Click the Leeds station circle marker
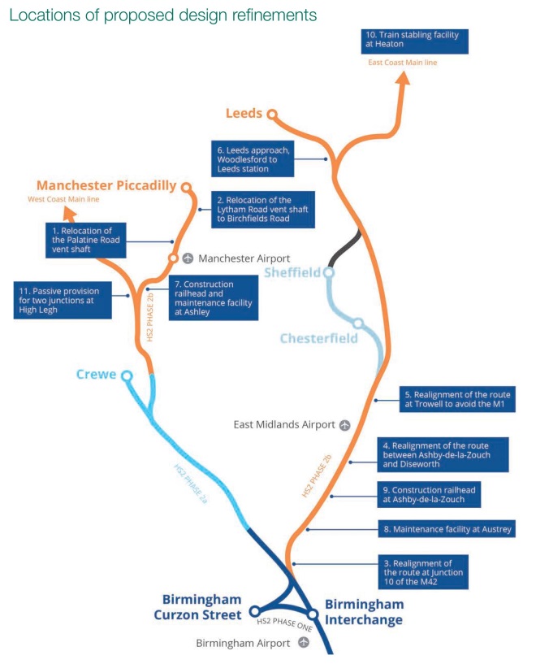tap(273, 115)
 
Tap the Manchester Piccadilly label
tap(106, 185)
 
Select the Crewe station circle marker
tap(127, 375)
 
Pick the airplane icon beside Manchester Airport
tap(188, 258)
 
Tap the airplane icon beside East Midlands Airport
tap(345, 424)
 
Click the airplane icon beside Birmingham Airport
tap(304, 642)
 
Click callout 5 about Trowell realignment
tap(456, 399)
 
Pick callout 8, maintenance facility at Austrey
tap(448, 529)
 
